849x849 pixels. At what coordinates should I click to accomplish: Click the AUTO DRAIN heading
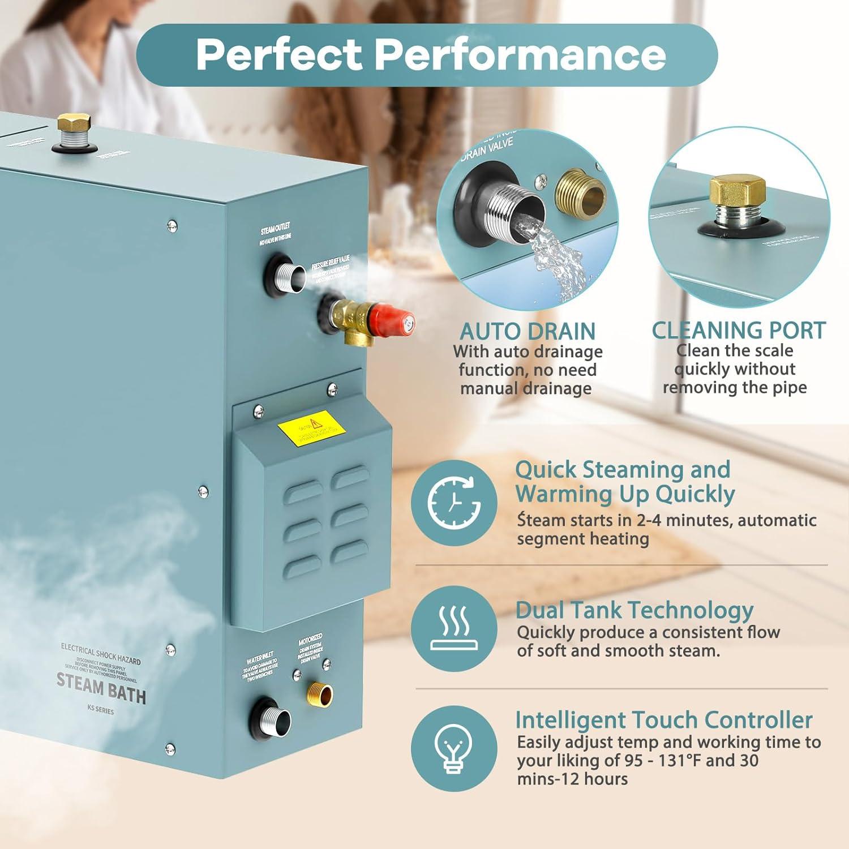pos(527,331)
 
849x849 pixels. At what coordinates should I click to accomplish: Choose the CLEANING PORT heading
pos(738,331)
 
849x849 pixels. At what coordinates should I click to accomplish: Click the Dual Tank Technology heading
pos(634,610)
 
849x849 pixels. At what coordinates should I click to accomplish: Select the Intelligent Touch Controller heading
pos(663,720)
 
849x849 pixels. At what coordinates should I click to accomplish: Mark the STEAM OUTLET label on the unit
pos(276,229)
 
